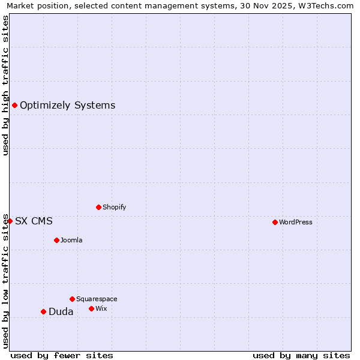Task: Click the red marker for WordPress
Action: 275,222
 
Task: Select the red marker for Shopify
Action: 98,207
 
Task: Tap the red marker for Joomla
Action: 56,240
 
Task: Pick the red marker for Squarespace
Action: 72,299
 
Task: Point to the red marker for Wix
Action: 91,308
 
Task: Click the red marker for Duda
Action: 43,311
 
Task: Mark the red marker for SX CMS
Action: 10,221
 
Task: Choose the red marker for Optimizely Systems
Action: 14,106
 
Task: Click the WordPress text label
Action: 296,222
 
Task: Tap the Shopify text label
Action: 115,207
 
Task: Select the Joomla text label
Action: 71,240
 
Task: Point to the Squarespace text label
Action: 97,299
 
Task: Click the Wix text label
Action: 101,308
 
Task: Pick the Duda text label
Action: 61,311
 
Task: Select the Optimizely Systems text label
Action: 68,106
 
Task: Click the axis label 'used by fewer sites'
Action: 62,355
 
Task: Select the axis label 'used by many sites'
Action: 301,355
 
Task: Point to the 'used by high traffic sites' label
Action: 5,85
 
